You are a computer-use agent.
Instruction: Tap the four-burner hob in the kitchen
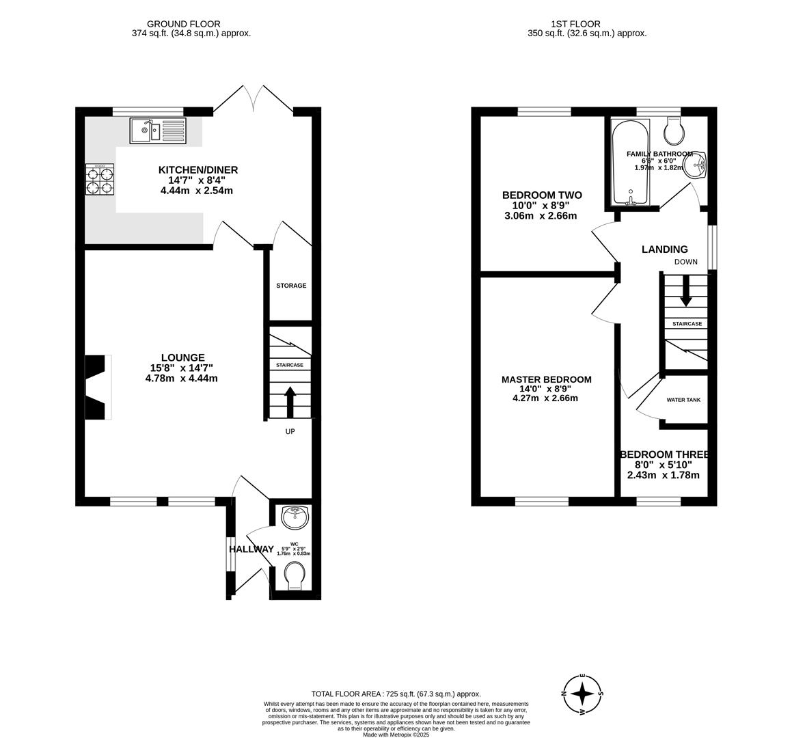point(99,180)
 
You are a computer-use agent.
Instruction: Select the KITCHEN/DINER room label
point(198,169)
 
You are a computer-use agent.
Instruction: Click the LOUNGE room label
point(182,357)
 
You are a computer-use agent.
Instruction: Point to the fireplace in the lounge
point(96,387)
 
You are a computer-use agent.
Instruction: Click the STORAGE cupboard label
point(291,286)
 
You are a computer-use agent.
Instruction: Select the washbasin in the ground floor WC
point(295,517)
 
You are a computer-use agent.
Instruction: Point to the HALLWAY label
point(251,549)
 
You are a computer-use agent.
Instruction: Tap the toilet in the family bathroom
point(678,130)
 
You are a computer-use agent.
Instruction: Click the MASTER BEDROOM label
point(546,379)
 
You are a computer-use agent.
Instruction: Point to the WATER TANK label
point(683,400)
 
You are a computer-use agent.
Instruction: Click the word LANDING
point(664,249)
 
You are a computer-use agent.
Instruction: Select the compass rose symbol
point(582,694)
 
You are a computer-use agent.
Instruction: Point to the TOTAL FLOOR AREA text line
point(396,693)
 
